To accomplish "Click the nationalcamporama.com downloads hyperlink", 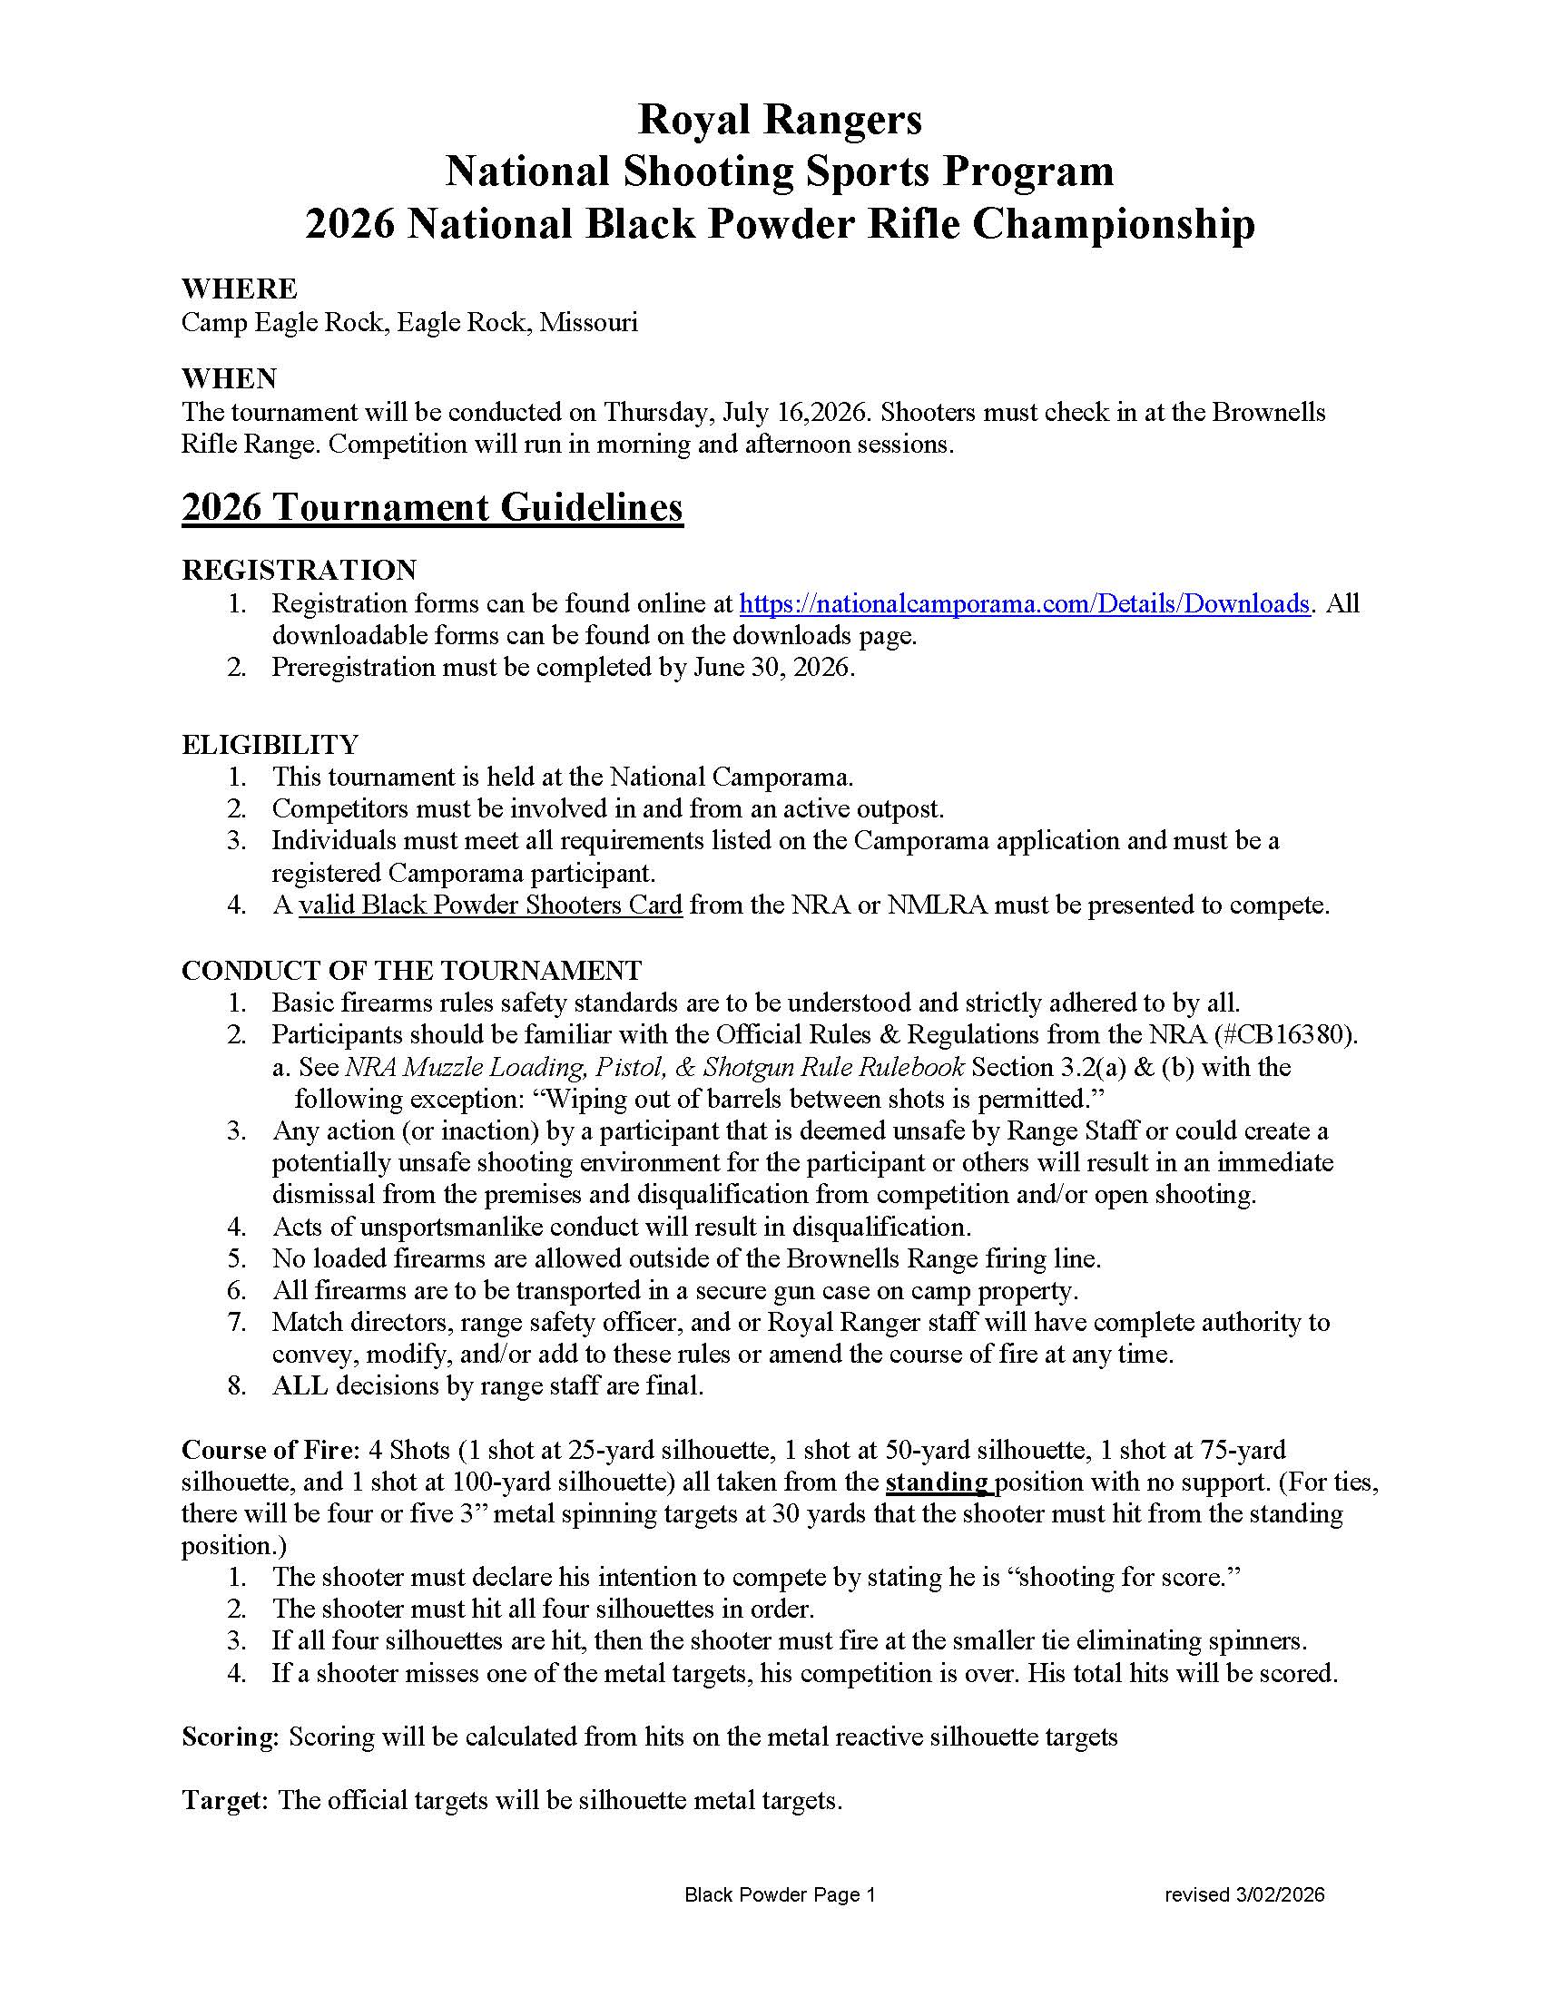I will click(1024, 604).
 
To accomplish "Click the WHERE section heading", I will click(240, 289).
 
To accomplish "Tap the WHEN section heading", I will click(230, 377).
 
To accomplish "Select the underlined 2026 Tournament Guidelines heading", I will click(432, 507).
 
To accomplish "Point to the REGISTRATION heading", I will click(299, 571).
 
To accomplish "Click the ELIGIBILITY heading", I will click(270, 744).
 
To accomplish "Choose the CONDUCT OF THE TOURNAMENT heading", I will click(411, 970).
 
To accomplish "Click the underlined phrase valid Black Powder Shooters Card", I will click(491, 905).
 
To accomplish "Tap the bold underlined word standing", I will click(937, 1482).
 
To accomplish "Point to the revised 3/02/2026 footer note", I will click(1244, 1894).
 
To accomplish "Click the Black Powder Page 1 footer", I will click(780, 1894).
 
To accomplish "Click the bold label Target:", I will click(225, 1800).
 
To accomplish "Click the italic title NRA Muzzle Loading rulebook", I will click(654, 1067).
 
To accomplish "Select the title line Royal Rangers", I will click(780, 119).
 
